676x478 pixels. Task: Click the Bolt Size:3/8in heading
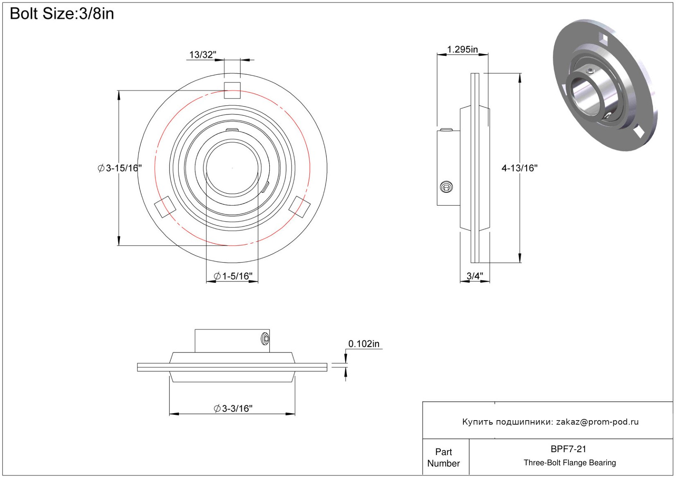pos(62,14)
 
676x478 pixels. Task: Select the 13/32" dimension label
pos(203,55)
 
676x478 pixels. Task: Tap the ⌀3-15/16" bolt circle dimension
pos(120,168)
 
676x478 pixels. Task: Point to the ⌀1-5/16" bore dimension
pos(233,276)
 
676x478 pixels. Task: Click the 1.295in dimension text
pos(462,49)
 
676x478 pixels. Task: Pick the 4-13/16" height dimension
pos(520,168)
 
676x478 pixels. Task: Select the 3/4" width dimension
pos(475,276)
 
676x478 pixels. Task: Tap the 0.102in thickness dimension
pos(364,344)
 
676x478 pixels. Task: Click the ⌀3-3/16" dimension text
pos(233,409)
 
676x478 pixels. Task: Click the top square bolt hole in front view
pos(232,91)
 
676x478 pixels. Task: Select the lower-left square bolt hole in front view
pos(165,207)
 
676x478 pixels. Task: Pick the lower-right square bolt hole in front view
pos(299,207)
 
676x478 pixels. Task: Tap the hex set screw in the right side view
pos(446,187)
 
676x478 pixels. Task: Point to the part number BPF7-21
pos(568,449)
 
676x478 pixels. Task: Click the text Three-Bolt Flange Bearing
pos(570,462)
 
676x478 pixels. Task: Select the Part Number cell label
pos(443,457)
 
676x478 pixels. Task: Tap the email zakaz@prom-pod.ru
pos(597,422)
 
